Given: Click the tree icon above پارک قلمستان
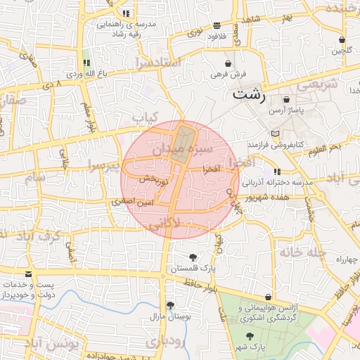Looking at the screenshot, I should tap(193, 257).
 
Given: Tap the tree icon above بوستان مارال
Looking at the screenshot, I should tap(169, 305).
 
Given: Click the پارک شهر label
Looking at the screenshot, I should tap(250, 347).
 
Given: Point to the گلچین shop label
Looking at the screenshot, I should tap(342, 50).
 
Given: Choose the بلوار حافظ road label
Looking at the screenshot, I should tap(201, 285).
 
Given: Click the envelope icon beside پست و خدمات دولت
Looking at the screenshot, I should tap(28, 274).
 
